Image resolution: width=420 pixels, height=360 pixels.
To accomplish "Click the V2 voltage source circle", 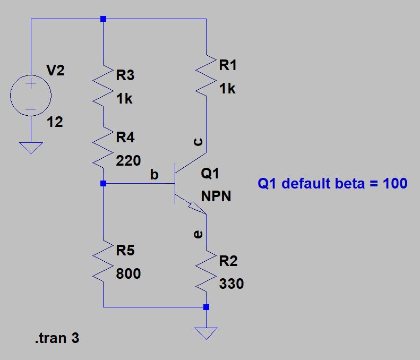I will (x=31, y=96).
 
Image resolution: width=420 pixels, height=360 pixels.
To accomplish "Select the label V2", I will (x=55, y=71).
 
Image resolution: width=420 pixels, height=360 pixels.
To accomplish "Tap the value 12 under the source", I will (x=55, y=122).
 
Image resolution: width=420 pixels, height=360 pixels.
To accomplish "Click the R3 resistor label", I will (x=125, y=75).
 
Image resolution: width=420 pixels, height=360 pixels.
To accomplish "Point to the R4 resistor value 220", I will (x=128, y=161).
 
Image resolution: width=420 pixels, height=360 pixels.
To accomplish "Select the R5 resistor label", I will (x=125, y=250).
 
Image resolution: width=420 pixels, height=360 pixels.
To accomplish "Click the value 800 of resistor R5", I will (x=128, y=274).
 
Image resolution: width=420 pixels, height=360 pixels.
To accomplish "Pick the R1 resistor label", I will (x=228, y=65).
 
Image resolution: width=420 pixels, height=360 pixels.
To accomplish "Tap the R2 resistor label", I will (x=228, y=261).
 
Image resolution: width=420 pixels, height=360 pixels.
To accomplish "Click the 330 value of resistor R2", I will (x=232, y=284).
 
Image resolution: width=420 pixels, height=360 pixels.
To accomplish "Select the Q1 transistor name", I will (x=210, y=174).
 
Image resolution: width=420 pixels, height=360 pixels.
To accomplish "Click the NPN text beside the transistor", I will (x=217, y=197).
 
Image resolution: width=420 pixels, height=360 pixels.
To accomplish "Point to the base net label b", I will (x=155, y=175).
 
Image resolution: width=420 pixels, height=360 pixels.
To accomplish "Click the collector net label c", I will (x=198, y=142).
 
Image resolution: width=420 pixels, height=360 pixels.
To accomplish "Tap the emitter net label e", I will (x=198, y=233).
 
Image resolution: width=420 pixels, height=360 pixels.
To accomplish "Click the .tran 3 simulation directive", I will (x=57, y=338).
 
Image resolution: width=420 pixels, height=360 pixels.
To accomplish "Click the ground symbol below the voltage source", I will (x=31, y=147).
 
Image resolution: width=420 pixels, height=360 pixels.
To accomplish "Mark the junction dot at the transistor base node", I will (x=104, y=184).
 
